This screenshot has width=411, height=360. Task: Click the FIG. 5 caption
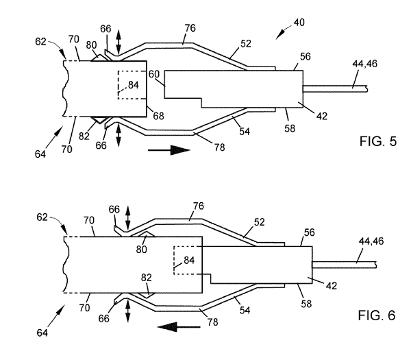378,141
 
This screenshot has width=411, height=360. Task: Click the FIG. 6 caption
377,315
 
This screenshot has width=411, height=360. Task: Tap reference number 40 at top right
299,23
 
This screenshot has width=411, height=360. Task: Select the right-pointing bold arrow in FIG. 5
169,150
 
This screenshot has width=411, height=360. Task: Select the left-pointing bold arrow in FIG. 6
179,327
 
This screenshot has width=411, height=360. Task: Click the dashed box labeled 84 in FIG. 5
132,85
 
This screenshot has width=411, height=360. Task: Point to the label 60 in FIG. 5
154,74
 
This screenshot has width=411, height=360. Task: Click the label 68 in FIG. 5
159,116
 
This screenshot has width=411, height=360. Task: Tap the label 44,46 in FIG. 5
365,64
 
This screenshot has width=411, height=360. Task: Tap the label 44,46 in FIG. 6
371,241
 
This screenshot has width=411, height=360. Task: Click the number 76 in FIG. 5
190,28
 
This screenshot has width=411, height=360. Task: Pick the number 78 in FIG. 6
212,322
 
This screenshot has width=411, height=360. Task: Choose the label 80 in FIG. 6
141,250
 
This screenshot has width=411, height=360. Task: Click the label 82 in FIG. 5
84,136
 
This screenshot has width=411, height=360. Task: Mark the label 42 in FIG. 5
322,116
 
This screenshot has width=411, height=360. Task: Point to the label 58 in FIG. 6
306,304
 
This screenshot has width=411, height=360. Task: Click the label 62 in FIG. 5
40,41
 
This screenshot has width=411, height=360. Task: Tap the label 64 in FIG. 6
42,333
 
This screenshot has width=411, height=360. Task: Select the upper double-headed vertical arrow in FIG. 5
119,43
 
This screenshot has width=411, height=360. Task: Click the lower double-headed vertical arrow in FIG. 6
128,311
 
